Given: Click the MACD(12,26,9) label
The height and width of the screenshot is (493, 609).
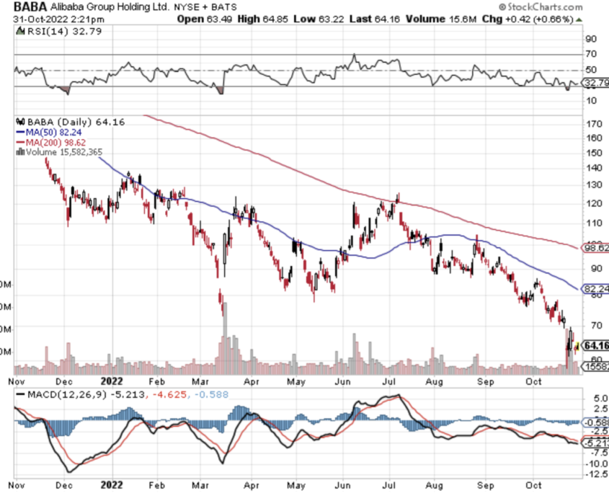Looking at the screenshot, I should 55,394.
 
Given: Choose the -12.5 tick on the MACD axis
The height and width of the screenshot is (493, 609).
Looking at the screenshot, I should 596,475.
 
